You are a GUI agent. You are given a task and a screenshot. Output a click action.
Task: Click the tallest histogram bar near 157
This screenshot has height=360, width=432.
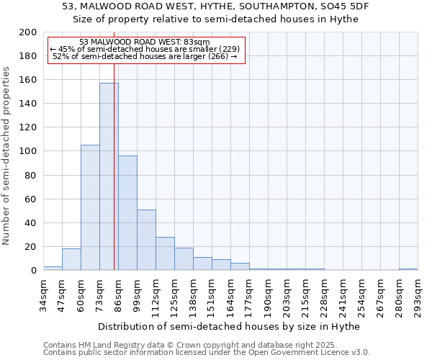[109, 176]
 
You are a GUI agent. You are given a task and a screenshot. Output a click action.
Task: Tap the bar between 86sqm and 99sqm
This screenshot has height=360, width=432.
[127, 212]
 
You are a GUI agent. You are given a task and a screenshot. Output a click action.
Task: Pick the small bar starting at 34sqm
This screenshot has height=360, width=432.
[53, 268]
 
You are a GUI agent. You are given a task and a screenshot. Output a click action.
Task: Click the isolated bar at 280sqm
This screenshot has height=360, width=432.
[408, 269]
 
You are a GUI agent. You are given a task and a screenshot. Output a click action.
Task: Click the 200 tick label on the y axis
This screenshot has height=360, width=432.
[28, 32]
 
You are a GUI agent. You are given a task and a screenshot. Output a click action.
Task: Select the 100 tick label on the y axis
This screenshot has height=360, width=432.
[28, 151]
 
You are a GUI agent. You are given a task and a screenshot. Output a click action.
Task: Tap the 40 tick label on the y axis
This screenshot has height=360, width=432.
[31, 222]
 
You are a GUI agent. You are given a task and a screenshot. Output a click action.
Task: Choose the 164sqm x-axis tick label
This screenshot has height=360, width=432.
[230, 297]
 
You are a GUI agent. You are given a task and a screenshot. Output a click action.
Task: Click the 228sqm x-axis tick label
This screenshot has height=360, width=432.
[324, 297]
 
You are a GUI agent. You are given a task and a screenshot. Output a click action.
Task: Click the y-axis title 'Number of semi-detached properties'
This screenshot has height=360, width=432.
[7, 156]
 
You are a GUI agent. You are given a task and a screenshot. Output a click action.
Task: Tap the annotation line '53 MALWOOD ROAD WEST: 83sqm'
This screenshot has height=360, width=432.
[144, 42]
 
